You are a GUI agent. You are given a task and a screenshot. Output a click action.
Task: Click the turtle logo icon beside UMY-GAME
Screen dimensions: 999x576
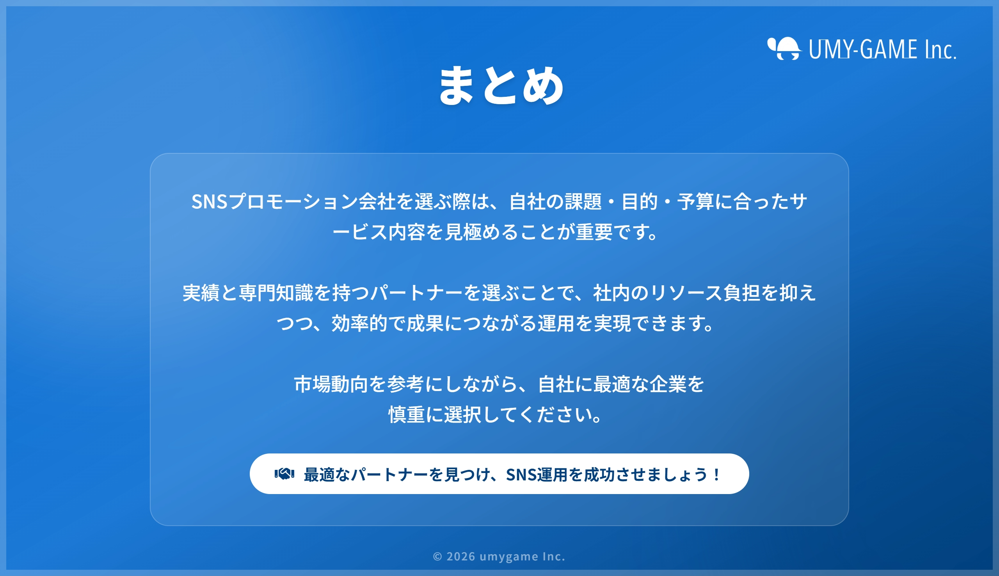[x=784, y=49]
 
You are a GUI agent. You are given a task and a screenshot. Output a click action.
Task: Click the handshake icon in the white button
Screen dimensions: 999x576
[x=284, y=473]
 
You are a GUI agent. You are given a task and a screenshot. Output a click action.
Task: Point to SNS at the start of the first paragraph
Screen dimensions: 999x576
[x=209, y=202]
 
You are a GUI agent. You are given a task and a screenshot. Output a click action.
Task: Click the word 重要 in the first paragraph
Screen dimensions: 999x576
[x=594, y=232]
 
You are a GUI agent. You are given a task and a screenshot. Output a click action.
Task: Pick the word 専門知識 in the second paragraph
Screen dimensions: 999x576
[x=276, y=293]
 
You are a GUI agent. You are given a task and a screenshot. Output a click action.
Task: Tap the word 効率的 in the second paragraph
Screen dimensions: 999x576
[x=359, y=324]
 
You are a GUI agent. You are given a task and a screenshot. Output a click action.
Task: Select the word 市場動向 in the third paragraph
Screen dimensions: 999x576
[x=331, y=384]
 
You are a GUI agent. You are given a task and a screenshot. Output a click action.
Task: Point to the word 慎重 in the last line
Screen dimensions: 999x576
[x=406, y=415]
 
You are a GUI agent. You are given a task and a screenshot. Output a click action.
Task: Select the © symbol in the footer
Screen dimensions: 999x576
[x=437, y=556]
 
